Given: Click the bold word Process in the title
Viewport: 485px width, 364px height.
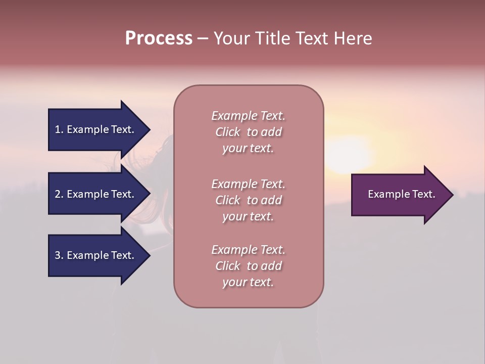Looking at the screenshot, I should (159, 38).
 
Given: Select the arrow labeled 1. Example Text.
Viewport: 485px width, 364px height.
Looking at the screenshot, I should (96, 129).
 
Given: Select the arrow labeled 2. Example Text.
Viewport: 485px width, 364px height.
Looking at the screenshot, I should (96, 194).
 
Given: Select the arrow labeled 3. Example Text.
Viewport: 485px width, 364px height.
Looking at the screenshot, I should (96, 255).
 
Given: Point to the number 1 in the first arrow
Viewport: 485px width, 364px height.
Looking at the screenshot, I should (58, 129).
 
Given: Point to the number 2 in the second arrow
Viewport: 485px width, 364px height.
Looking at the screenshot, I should (58, 194).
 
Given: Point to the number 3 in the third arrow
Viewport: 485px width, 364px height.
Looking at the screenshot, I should (58, 255).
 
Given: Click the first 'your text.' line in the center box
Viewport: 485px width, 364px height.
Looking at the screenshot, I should (248, 149).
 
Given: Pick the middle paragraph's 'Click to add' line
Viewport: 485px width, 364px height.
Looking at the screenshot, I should (248, 200).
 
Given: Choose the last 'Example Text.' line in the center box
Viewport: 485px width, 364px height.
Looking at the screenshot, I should (248, 250).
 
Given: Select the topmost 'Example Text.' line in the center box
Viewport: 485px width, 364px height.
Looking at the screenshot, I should (248, 116).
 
